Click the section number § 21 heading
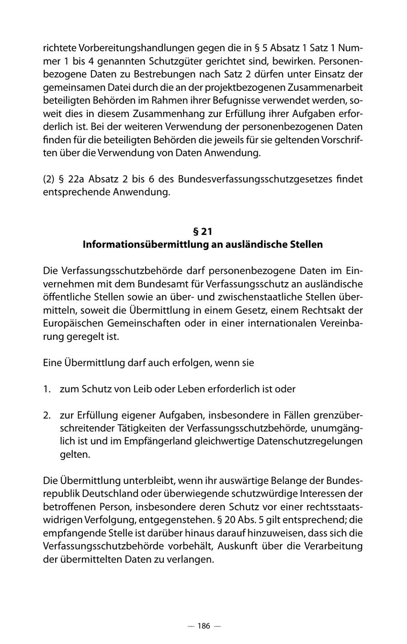[x=203, y=232]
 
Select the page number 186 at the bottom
[x=203, y=626]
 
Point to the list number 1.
[x=47, y=389]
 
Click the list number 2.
[x=47, y=415]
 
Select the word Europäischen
[x=72, y=324]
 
